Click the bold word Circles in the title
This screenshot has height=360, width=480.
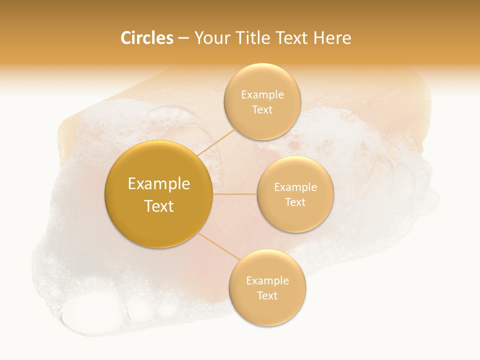point(147,38)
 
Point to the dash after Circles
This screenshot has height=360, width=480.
point(183,39)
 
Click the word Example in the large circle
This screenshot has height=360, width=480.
point(159,184)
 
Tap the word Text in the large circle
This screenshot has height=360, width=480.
point(159,206)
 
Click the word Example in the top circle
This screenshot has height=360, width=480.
point(262,95)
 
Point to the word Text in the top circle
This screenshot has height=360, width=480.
point(262,110)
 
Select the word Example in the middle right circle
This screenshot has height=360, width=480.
point(295,187)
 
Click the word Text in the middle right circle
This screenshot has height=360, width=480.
point(295,202)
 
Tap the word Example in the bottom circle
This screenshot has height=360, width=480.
point(267,281)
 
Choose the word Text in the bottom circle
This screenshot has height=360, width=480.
point(267,296)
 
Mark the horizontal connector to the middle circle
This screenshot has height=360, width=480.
point(235,194)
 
